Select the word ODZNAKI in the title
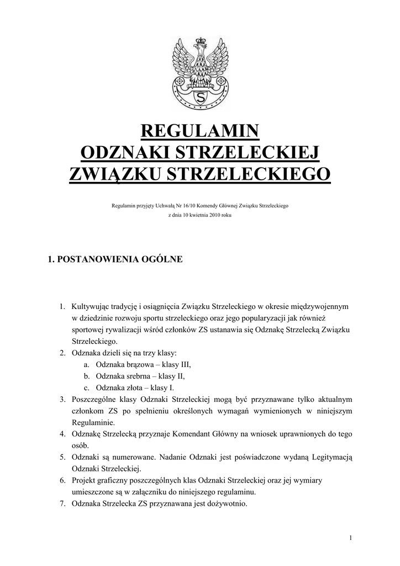[125, 153]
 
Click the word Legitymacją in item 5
[329, 458]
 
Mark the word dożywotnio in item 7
[227, 504]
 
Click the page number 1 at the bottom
[351, 538]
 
